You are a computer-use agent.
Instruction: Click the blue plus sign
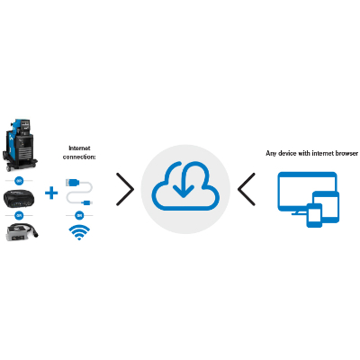tap(53, 193)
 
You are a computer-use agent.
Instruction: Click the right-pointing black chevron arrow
tap(125, 190)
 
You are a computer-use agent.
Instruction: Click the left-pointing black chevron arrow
tap(247, 190)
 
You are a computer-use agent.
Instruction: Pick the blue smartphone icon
tap(313, 215)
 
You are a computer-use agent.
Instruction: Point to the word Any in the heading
tap(270, 154)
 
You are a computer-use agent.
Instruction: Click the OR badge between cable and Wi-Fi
tap(80, 216)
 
